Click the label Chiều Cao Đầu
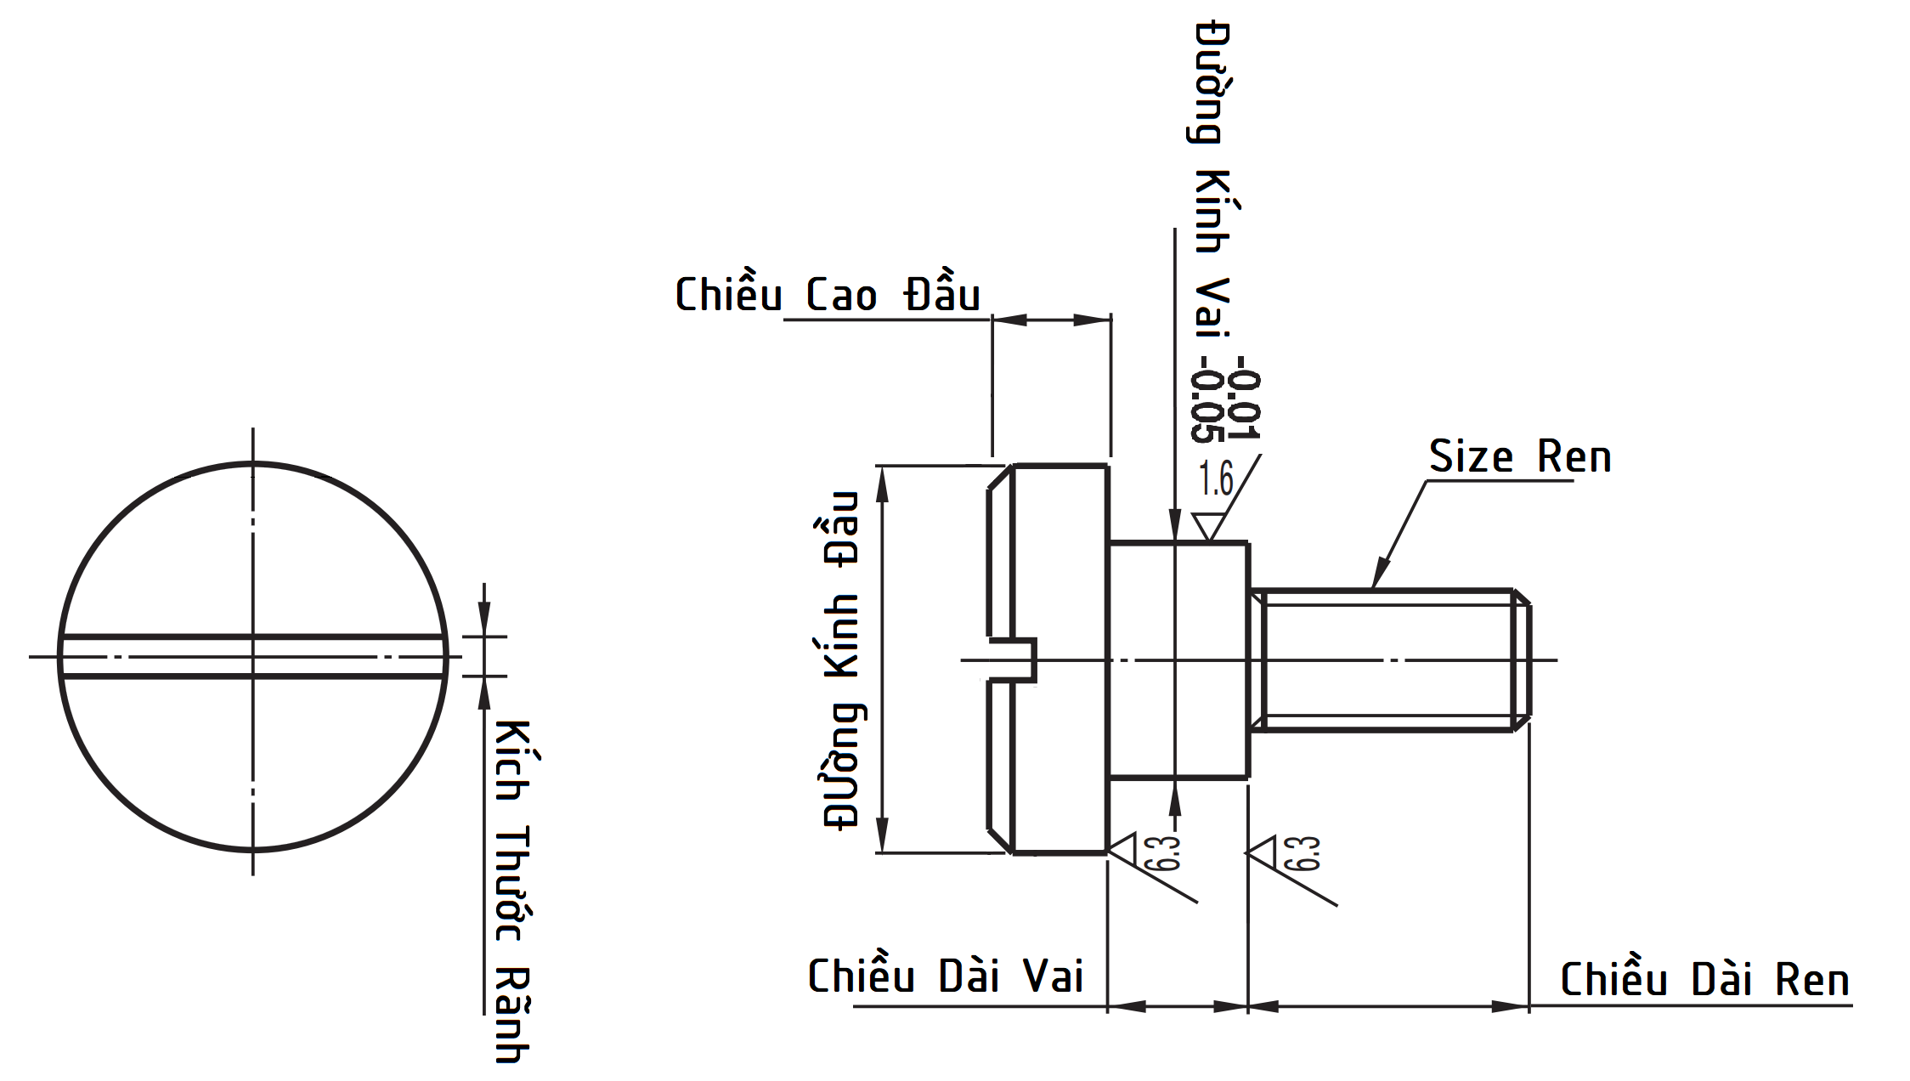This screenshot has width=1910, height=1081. coord(827,294)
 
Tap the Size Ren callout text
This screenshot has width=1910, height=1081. coord(1519,456)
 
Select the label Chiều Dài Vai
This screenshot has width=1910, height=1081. coord(945,976)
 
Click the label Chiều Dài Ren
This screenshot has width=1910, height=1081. coord(1704,980)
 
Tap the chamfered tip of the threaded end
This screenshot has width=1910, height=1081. coord(1522,659)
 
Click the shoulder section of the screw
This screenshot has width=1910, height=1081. coord(1178,659)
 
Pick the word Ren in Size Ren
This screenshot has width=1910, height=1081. coord(1574,456)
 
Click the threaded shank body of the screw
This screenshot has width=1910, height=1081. coord(1385,659)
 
